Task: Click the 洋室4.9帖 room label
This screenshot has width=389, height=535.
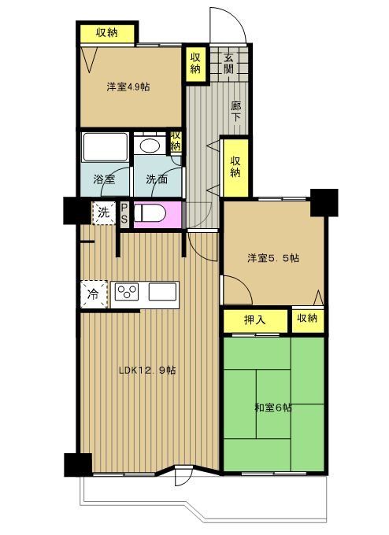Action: pos(128,87)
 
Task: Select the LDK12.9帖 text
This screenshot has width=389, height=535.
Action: pos(146,370)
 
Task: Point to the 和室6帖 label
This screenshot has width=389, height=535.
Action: pos(273,408)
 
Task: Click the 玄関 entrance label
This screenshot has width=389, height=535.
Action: pos(228,62)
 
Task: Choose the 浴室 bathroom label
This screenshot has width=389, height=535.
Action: pos(105,179)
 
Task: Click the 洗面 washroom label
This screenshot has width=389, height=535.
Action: pos(156,179)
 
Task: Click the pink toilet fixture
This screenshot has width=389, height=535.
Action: pos(150,213)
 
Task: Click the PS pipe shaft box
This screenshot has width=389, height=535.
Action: pos(124,213)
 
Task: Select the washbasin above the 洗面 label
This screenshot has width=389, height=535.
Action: pos(149,147)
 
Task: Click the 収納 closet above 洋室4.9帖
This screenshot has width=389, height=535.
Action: pos(107,32)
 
